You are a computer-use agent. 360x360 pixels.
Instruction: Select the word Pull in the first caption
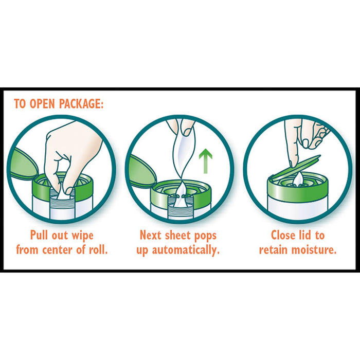pos(40,236)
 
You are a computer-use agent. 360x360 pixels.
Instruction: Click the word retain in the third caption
pos(275,250)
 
